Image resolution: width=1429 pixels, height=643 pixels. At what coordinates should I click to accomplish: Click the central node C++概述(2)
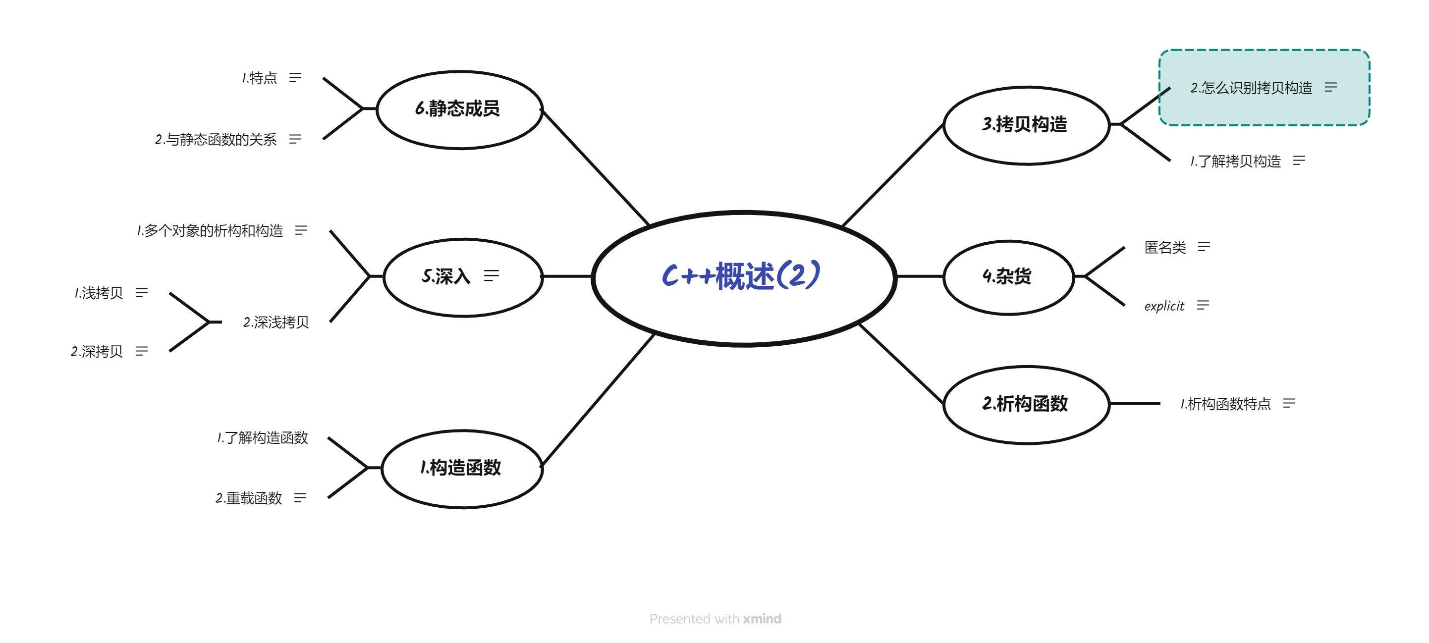tap(742, 276)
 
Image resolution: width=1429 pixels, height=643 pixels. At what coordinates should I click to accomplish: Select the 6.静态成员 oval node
tap(458, 109)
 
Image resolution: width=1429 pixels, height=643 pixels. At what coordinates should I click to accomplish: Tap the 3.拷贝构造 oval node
tap(1025, 125)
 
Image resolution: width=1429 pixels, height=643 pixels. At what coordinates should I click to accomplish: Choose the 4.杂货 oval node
tap(1007, 276)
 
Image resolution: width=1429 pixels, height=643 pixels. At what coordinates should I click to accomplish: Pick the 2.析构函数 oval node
tap(1025, 404)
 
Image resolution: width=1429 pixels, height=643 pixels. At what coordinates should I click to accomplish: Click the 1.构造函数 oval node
tap(461, 468)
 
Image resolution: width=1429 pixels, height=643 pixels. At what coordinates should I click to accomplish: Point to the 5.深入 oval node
tap(447, 276)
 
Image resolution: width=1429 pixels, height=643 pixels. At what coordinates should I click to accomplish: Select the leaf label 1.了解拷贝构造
tap(1236, 161)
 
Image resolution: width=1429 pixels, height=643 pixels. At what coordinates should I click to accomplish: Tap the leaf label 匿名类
tap(1165, 247)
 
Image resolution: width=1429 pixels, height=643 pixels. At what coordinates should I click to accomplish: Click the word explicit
tap(1164, 306)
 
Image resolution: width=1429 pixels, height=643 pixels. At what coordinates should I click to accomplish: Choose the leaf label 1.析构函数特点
tap(1225, 404)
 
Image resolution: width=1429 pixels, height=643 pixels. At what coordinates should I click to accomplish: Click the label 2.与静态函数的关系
tap(216, 139)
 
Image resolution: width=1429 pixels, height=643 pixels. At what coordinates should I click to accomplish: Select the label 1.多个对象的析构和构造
tap(210, 230)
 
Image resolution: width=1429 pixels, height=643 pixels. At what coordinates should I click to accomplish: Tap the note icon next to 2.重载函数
tap(300, 498)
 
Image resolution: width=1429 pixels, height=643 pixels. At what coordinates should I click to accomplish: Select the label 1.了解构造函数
tap(263, 438)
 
